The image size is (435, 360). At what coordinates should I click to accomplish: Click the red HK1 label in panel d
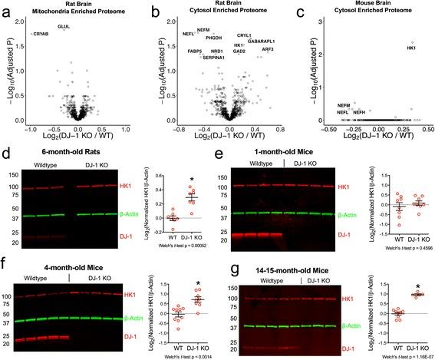(x=146, y=186)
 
